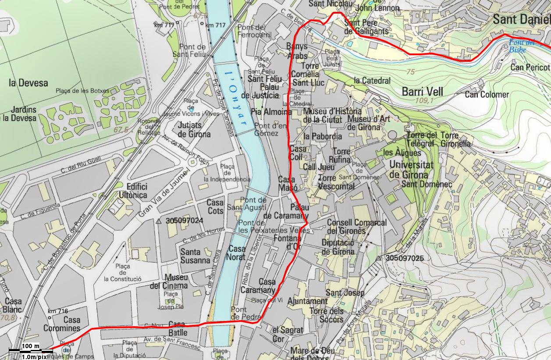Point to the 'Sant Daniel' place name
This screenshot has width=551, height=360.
click(x=521, y=19)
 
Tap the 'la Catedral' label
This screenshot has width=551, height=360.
click(x=372, y=80)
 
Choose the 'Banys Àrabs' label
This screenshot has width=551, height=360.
click(x=297, y=51)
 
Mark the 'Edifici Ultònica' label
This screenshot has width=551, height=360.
click(x=136, y=190)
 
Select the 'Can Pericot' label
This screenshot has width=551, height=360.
click(x=530, y=68)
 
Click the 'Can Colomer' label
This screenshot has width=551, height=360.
click(x=487, y=94)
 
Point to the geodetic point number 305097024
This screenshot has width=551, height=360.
click(x=185, y=221)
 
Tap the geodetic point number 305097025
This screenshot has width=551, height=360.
click(x=405, y=258)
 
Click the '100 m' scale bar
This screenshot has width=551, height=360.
click(x=30, y=349)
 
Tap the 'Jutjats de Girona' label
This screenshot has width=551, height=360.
click(x=195, y=130)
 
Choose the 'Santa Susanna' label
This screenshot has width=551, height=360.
click(x=196, y=256)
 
